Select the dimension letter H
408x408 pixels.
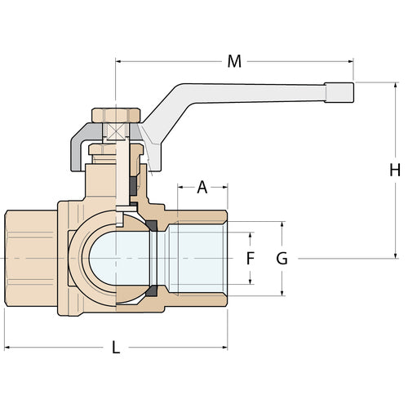[x=394, y=171]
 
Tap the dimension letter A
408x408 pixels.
[x=202, y=187]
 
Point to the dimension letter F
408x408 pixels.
[x=251, y=259]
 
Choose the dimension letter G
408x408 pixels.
[x=282, y=259]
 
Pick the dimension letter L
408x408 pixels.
[x=115, y=348]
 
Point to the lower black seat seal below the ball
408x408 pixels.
[x=151, y=293]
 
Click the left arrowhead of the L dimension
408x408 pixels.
[x=8, y=348]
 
